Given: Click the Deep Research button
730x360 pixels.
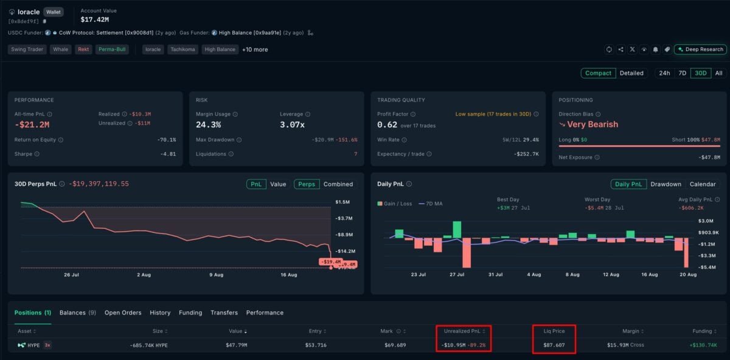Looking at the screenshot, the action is pyautogui.click(x=700, y=49).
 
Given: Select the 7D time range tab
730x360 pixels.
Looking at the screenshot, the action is pyautogui.click(x=682, y=73).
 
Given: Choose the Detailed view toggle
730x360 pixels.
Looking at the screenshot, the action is pyautogui.click(x=631, y=73).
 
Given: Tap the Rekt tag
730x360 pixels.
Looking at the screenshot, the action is pyautogui.click(x=83, y=49).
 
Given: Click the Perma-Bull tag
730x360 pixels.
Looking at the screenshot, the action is pyautogui.click(x=112, y=49).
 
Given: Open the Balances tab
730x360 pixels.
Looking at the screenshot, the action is pyautogui.click(x=78, y=313).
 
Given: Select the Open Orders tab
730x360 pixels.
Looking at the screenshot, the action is pyautogui.click(x=123, y=313).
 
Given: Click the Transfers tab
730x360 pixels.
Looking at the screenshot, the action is pyautogui.click(x=224, y=313).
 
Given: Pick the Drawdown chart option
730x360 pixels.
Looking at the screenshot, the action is pyautogui.click(x=666, y=184).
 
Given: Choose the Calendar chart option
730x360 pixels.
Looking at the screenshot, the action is pyautogui.click(x=703, y=184).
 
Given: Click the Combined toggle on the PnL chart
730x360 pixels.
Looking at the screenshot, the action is pyautogui.click(x=338, y=184).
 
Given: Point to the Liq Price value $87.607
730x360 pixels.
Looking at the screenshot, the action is pyautogui.click(x=554, y=345).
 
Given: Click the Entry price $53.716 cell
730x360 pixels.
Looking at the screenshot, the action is pyautogui.click(x=316, y=345).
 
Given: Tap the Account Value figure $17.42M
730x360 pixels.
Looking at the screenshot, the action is pyautogui.click(x=95, y=19).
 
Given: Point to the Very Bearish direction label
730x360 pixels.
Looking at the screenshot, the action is pyautogui.click(x=592, y=125).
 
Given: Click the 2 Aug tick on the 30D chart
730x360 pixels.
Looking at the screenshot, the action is pyautogui.click(x=144, y=275).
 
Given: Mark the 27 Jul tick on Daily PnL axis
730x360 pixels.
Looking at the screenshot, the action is pyautogui.click(x=457, y=274).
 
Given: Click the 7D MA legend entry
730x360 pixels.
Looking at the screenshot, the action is pyautogui.click(x=431, y=204).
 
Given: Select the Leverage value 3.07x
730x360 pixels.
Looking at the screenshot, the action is pyautogui.click(x=292, y=125).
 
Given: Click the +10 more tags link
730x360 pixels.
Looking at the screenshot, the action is pyautogui.click(x=255, y=49).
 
